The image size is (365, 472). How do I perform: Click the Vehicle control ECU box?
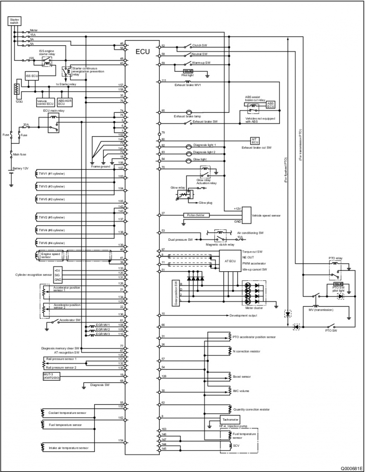pyautogui.click(x=45, y=101)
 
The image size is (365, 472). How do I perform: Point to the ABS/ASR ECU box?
pyautogui.click(x=64, y=101)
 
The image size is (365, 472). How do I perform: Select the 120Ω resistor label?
pyautogui.click(x=19, y=101)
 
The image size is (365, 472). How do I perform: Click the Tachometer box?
pyautogui.click(x=230, y=419)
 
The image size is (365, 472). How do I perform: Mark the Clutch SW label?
pyautogui.click(x=201, y=46)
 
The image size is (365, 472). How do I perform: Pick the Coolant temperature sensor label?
pyautogui.click(x=67, y=413)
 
